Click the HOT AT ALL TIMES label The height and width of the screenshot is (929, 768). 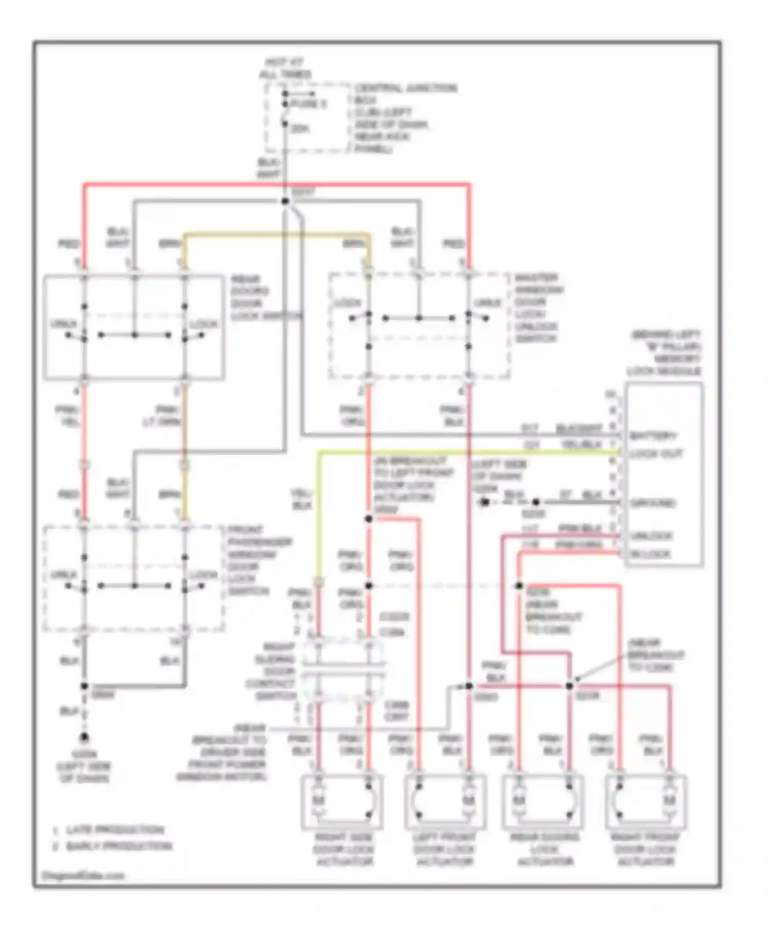[285, 68]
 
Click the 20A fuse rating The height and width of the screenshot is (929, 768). [300, 129]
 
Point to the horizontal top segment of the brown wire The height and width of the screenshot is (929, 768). [276, 235]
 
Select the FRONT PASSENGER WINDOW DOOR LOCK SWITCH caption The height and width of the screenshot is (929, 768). [259, 560]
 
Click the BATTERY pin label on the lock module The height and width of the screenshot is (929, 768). [653, 436]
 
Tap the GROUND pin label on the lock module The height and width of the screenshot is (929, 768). [653, 503]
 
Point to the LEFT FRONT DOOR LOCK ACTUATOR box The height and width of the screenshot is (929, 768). [444, 802]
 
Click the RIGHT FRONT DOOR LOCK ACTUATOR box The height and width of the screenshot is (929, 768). [645, 802]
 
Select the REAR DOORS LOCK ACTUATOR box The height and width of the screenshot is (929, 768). [544, 802]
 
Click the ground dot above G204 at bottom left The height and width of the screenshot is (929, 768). [84, 737]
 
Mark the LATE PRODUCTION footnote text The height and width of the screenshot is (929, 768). [115, 830]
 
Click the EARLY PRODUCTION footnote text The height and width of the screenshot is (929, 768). [119, 846]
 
